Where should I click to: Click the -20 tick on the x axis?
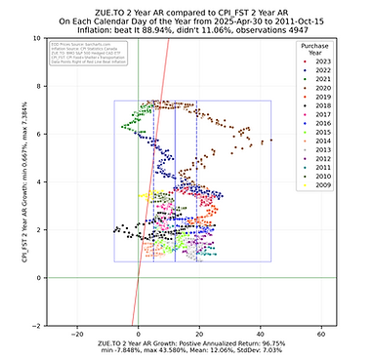tap(77, 334)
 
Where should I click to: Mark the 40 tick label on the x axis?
tap(261, 334)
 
